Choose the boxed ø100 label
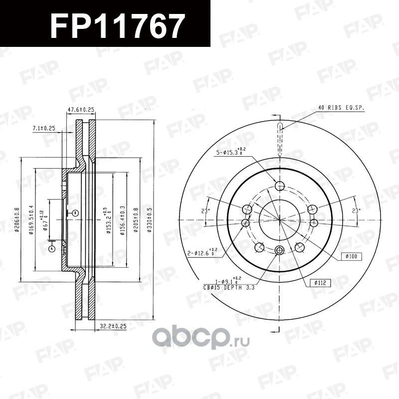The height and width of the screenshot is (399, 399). (x=352, y=256)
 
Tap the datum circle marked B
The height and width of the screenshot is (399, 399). (x=75, y=213)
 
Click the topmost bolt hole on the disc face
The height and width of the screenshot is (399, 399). (x=279, y=187)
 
